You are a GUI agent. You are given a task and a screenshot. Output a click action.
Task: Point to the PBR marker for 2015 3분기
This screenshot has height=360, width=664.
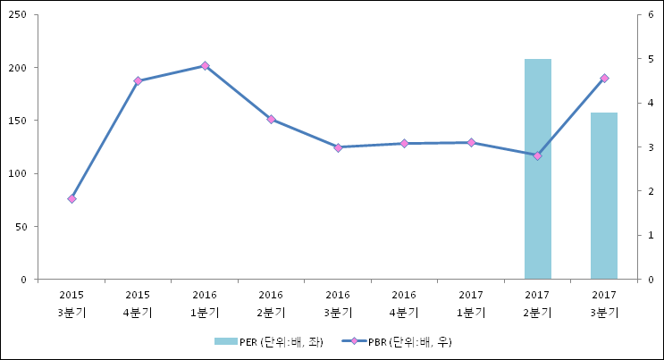[x=71, y=198]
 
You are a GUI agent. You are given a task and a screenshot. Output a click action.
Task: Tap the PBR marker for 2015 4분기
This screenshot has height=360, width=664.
[x=138, y=81]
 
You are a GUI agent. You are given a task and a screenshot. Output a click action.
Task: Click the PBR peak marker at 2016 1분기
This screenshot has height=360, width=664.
[x=205, y=65]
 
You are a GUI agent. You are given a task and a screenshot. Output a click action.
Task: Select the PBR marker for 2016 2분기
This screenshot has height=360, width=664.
[x=271, y=119]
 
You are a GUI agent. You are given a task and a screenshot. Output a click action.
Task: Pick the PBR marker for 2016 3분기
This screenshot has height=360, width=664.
[x=338, y=147]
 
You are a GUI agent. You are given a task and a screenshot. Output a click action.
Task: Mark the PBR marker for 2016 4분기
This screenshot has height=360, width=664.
[x=404, y=143]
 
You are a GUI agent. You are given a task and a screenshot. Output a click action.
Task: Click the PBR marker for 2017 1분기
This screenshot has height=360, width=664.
[x=471, y=142]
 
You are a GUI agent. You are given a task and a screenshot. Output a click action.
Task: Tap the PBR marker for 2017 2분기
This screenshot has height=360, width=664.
[x=537, y=155]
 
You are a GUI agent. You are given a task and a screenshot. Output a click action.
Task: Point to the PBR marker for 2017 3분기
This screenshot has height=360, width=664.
[x=604, y=79]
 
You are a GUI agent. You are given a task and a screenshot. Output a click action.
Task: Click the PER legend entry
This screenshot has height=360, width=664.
[x=267, y=342]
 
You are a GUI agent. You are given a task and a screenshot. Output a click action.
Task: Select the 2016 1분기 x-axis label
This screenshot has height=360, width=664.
[x=205, y=304]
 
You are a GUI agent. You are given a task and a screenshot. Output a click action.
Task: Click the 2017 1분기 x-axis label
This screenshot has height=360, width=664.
[x=471, y=304]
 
